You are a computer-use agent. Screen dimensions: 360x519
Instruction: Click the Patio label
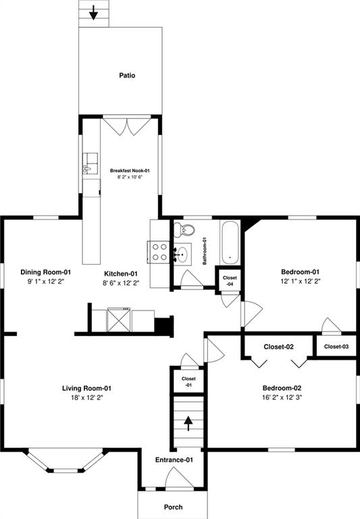[127, 76]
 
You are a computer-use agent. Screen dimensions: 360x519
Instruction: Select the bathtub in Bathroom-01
[230, 243]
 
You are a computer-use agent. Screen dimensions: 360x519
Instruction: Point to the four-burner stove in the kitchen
[159, 252]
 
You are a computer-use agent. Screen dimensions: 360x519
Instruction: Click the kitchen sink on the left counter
[91, 163]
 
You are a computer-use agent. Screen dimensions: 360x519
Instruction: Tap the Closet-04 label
[230, 281]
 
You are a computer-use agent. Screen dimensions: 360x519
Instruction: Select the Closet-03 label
[336, 347]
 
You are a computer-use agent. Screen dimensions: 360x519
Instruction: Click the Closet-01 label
[188, 382]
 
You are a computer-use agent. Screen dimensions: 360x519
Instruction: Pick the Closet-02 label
[278, 347]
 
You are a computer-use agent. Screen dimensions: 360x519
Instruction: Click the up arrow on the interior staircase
[188, 423]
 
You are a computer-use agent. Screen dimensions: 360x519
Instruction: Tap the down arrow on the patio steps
[94, 12]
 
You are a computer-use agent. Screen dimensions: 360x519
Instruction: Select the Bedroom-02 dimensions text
[282, 397]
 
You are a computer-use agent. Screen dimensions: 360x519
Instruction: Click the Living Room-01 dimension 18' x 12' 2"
[86, 397]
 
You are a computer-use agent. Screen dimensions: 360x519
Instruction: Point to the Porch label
[173, 507]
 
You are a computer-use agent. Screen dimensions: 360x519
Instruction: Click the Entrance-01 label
[174, 460]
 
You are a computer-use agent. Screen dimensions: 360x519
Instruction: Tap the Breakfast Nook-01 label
[130, 171]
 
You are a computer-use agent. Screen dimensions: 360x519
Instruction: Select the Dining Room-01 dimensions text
[46, 282]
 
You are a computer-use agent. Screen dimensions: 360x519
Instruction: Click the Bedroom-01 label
[300, 272]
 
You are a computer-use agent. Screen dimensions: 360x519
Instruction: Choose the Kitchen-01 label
[121, 274]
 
